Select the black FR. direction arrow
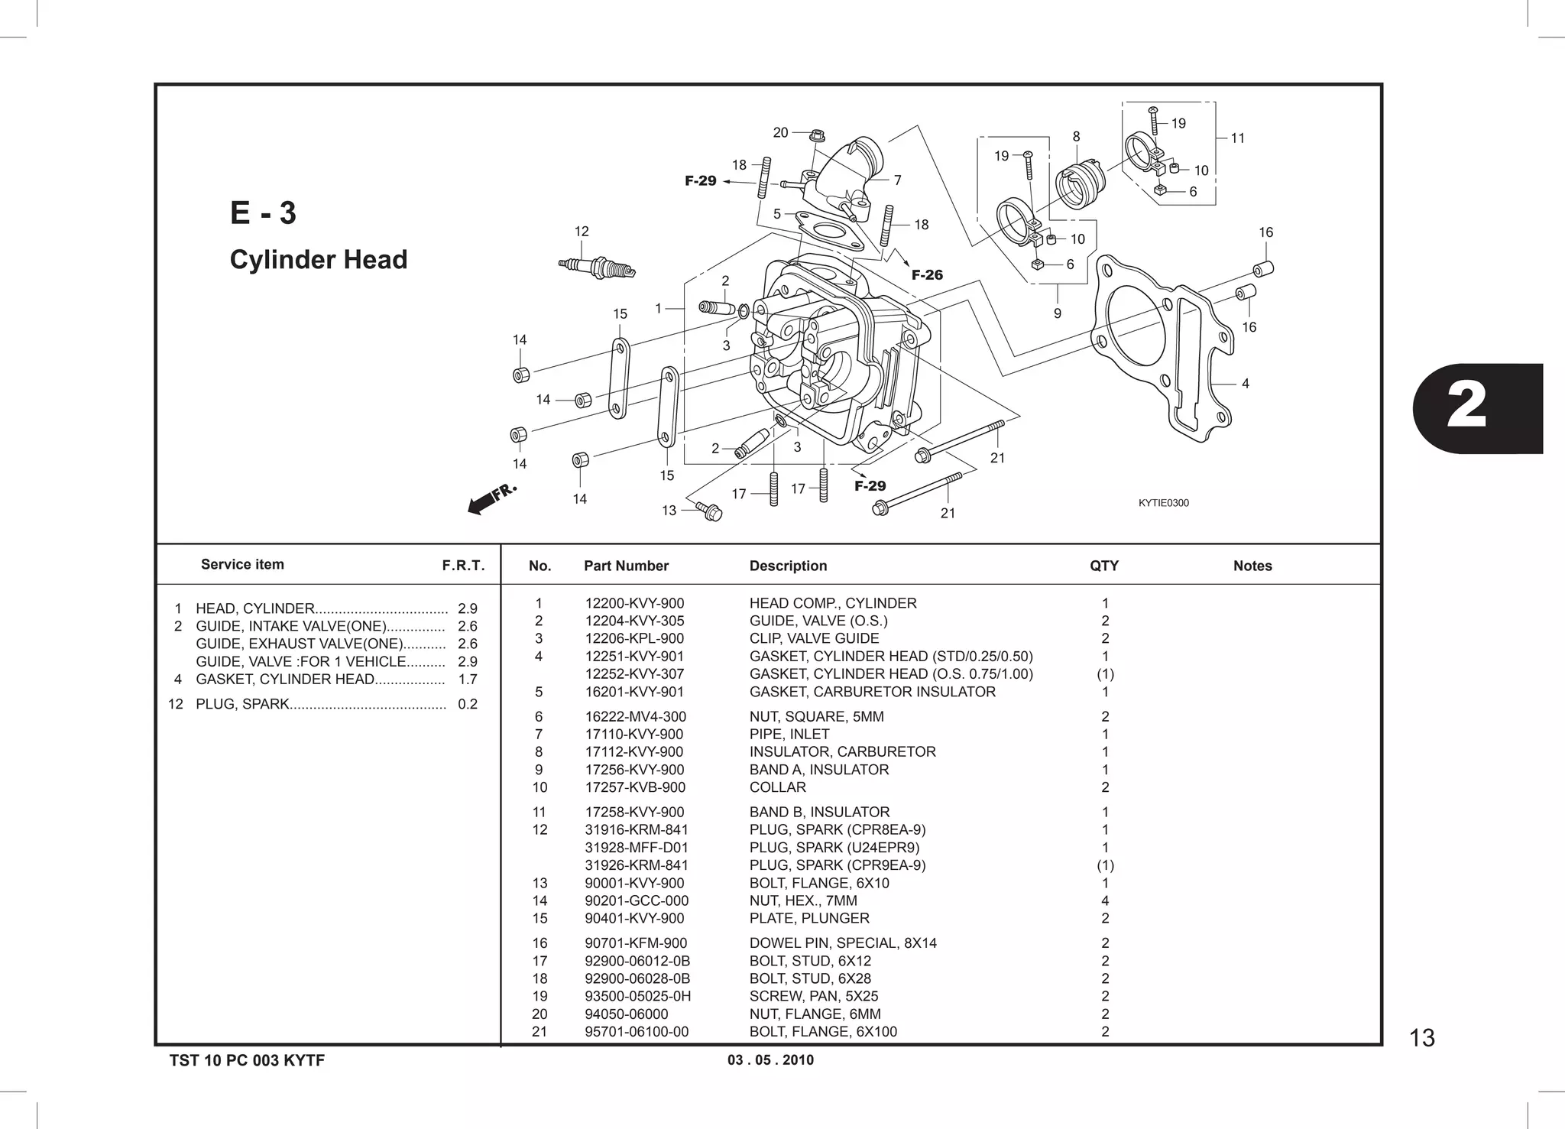tap(483, 504)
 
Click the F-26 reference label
tap(927, 275)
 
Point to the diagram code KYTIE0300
tap(1163, 503)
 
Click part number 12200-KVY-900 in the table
tap(634, 603)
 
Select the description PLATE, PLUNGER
tap(809, 918)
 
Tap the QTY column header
tap(1103, 566)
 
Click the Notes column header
tap(1252, 566)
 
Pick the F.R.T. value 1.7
tap(468, 680)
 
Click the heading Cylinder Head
tap(319, 260)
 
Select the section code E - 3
tap(263, 213)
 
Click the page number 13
tap(1421, 1038)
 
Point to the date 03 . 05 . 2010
tap(770, 1060)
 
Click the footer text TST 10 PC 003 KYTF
tap(247, 1060)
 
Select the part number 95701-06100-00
tap(637, 1031)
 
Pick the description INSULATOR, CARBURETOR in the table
tap(842, 751)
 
